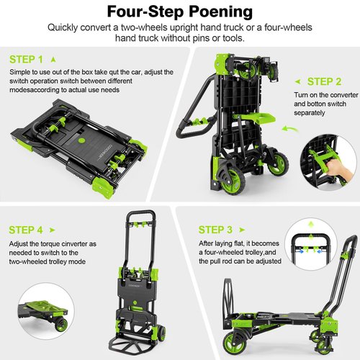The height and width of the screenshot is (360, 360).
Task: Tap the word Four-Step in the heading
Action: [144, 12]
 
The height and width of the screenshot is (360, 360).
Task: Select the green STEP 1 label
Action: [26, 59]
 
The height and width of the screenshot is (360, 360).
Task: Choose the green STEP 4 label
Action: [26, 230]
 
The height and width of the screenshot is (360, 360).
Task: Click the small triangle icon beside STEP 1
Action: [53, 59]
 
